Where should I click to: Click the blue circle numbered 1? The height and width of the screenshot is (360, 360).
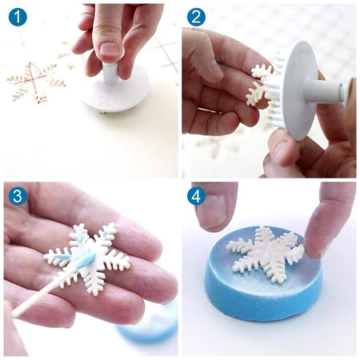pyautogui.click(x=18, y=17)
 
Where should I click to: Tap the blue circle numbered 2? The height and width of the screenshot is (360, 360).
pyautogui.click(x=196, y=17)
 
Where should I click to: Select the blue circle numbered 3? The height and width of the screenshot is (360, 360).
pyautogui.click(x=18, y=196)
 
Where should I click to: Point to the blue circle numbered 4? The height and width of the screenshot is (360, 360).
pyautogui.click(x=196, y=196)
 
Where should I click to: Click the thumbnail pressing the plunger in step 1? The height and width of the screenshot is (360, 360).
pyautogui.click(x=109, y=49)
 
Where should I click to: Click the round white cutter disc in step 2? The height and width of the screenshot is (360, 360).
pyautogui.click(x=300, y=90)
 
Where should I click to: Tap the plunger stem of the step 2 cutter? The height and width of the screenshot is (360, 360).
pyautogui.click(x=326, y=91)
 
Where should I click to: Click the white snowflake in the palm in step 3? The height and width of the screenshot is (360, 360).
pyautogui.click(x=87, y=258)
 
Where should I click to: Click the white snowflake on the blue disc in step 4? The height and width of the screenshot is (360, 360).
pyautogui.click(x=266, y=254)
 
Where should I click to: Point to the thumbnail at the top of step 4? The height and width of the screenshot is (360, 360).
pyautogui.click(x=214, y=210)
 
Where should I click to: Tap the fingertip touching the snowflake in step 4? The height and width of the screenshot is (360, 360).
pyautogui.click(x=316, y=246)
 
